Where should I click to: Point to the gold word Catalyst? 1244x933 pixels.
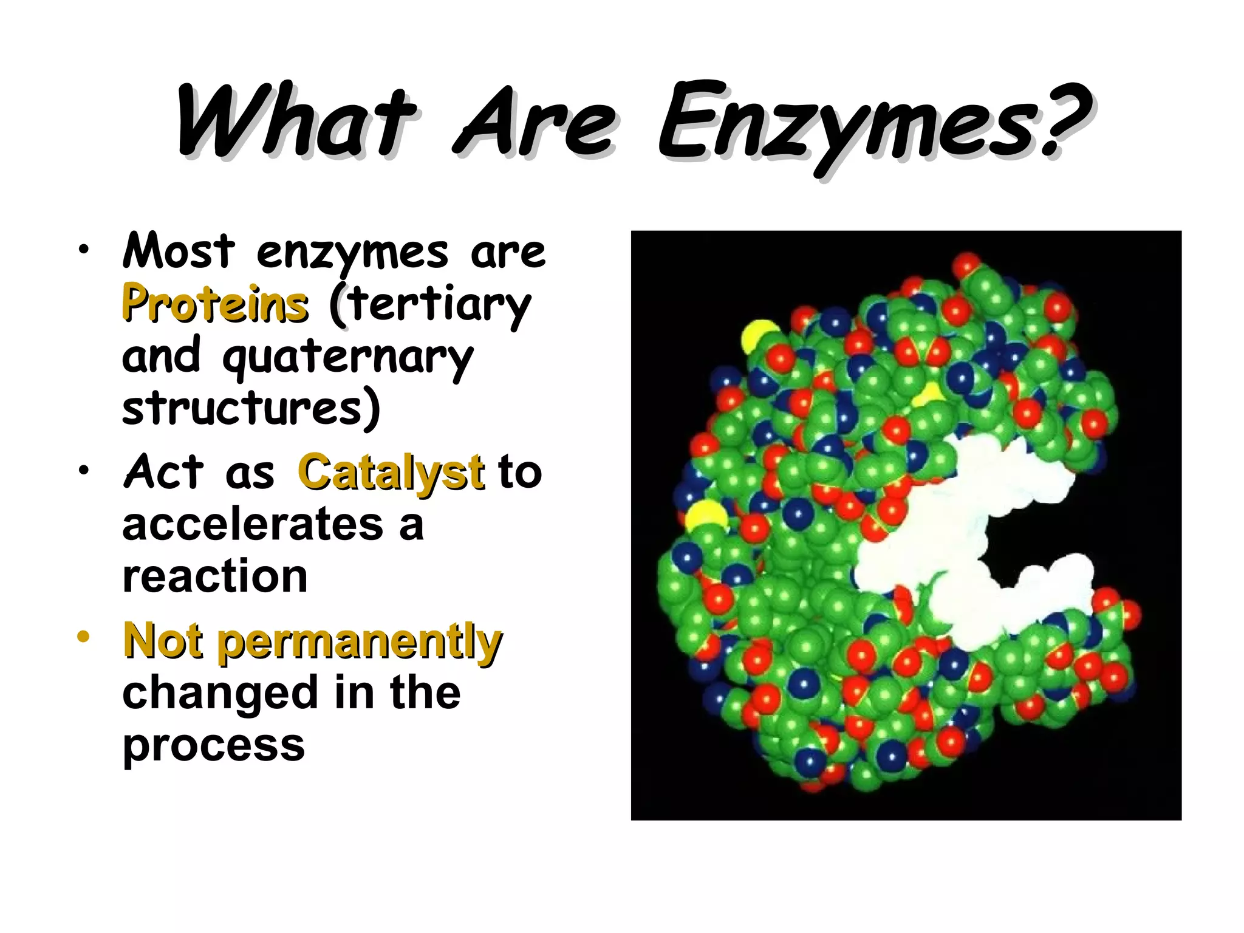tap(391, 473)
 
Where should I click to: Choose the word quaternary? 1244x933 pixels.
tap(347, 358)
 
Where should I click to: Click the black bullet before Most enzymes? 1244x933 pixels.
tap(83, 249)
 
